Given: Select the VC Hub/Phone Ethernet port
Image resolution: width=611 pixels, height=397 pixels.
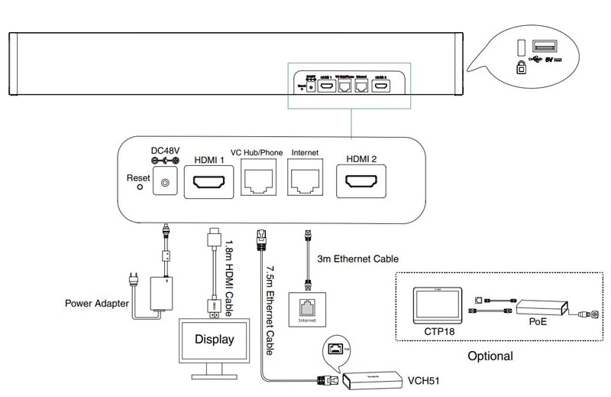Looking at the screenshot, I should tap(261, 181).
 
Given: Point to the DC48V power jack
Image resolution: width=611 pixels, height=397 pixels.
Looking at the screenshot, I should tap(164, 184).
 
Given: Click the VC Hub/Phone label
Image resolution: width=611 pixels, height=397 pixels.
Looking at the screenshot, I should tap(257, 152).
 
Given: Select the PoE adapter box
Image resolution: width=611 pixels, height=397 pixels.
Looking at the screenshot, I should tap(541, 308).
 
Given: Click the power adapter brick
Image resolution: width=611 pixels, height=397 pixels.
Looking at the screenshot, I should tap(163, 292).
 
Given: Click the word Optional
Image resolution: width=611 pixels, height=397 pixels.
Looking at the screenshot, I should tap(489, 356).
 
